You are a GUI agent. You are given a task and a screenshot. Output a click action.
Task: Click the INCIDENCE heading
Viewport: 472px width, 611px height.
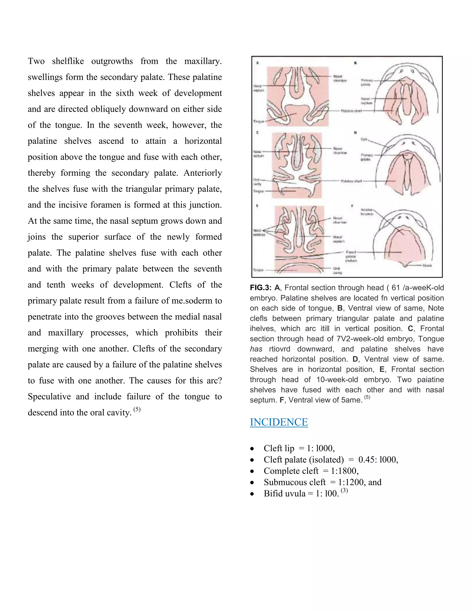279,422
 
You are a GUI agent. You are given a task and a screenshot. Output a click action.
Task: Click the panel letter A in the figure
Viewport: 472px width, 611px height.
257,63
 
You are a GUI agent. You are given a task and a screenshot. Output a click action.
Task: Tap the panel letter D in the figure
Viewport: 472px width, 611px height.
355,133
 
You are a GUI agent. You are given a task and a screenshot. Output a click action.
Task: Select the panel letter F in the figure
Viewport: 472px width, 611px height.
352,206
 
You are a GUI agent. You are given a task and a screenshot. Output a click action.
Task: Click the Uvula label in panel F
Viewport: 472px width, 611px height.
427,265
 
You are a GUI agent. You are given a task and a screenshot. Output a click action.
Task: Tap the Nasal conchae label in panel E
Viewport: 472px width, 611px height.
259,232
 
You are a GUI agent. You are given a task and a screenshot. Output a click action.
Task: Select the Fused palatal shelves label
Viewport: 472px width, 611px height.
351,256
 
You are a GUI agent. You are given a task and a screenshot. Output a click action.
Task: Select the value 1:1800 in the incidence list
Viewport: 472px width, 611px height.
344,471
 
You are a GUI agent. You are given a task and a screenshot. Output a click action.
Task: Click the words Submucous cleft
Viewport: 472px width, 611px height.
295,482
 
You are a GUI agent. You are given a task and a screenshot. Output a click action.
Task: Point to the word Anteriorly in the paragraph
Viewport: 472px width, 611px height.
202,173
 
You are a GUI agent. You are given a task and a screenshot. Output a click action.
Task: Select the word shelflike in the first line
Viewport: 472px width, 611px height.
68,61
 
